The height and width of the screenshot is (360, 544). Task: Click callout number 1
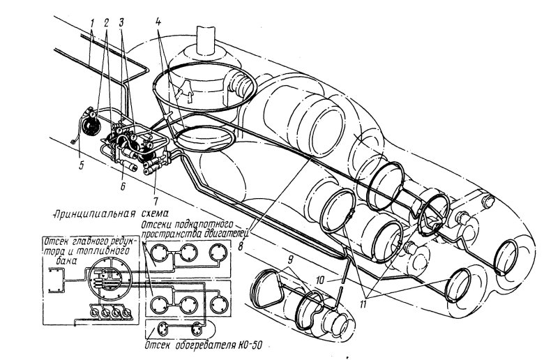point(92,24)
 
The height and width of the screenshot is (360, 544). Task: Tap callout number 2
point(106,23)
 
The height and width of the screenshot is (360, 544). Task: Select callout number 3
point(121,23)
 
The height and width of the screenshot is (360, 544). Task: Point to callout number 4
point(158,22)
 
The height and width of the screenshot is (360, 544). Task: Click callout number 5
point(81,165)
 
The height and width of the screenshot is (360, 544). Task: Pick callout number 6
point(123,186)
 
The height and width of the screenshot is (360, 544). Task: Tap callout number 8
point(241,244)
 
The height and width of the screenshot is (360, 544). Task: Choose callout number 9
point(291,258)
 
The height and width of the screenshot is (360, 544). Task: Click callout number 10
point(323,280)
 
